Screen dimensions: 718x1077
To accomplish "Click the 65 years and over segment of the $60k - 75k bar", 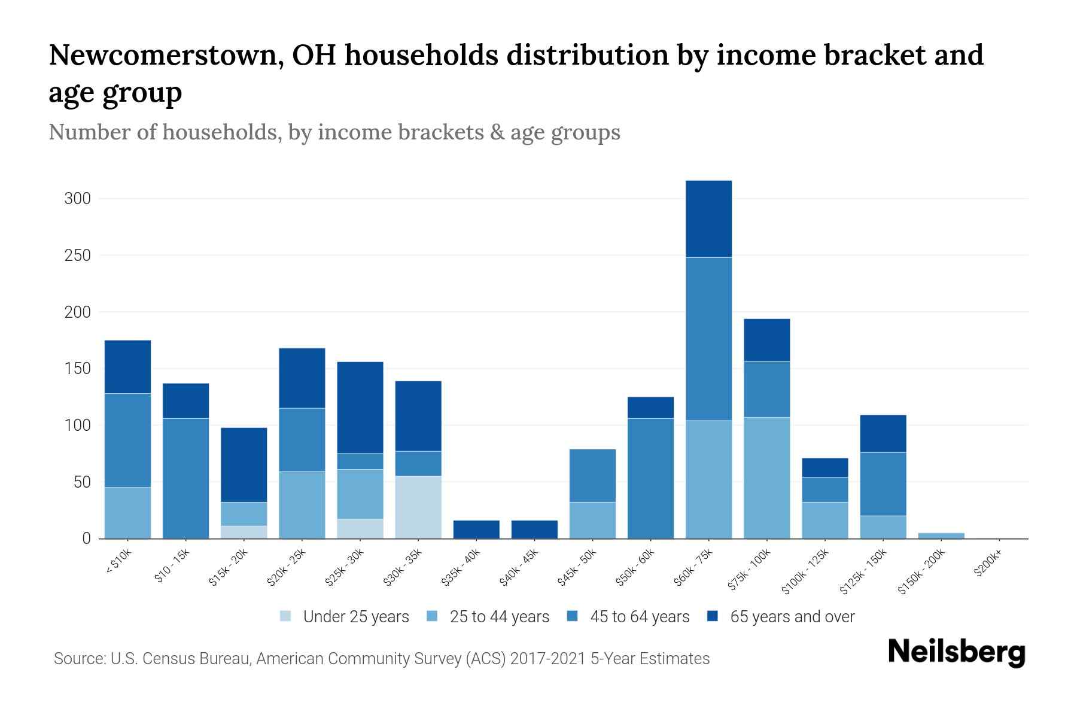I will coord(708,219).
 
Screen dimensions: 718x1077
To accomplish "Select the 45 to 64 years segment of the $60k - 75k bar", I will coord(708,339).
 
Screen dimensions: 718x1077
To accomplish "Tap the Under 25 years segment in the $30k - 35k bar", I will coord(418,507).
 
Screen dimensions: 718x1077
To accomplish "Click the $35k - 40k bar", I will coord(476,530).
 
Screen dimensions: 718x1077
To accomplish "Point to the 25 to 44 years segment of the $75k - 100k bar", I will coord(766,477).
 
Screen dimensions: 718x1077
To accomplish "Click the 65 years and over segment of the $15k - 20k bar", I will coord(244,464).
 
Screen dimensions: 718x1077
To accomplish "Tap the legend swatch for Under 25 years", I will coord(286,616).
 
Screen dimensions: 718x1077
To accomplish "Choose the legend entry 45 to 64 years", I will coord(639,617).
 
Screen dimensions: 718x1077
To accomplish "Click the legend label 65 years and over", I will coord(792,617).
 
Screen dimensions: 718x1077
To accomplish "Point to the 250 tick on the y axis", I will coord(77,255).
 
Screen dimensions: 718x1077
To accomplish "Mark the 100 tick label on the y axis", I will coord(77,425).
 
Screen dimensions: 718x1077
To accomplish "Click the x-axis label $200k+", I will coord(988,564).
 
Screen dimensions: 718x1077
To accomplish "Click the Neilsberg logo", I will coord(957,652).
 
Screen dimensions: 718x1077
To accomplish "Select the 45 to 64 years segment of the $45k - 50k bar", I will coord(592,475).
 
